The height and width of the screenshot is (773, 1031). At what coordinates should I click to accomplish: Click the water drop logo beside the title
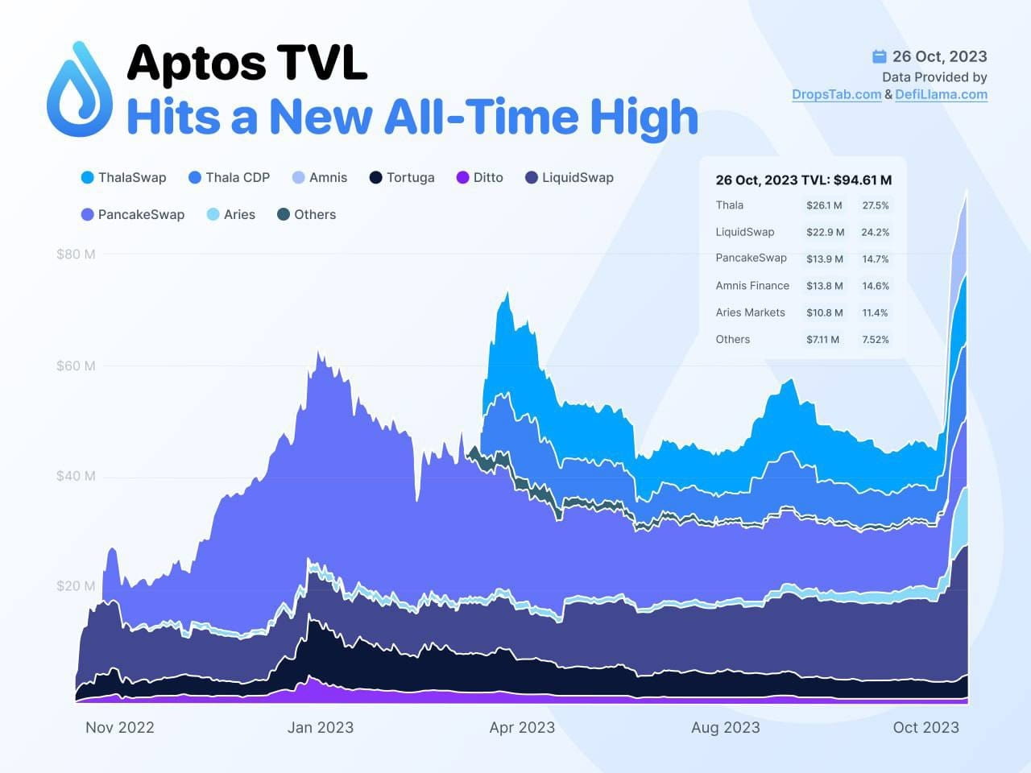(x=80, y=90)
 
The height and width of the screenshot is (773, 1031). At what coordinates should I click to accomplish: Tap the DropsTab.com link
(x=836, y=94)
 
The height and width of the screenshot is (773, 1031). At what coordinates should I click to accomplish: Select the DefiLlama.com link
(x=941, y=94)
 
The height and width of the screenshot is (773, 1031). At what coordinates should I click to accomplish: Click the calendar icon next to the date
(x=880, y=56)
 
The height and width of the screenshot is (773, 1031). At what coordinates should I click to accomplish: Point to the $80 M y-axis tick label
(x=76, y=254)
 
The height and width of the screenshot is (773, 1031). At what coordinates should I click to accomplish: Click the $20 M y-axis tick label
(x=76, y=586)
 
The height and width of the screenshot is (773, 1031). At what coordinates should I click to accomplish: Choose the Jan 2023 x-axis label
(x=320, y=727)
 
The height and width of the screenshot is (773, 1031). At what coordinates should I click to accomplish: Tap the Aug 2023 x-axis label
(x=725, y=727)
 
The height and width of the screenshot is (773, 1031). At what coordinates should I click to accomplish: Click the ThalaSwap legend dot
(x=87, y=178)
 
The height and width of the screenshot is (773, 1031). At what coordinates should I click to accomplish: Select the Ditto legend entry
(x=480, y=178)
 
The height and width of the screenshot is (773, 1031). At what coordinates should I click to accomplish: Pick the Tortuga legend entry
(x=402, y=178)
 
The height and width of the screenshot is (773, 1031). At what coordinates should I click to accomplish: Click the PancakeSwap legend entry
(x=133, y=215)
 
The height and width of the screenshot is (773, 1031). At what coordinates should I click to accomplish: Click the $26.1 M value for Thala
(x=824, y=205)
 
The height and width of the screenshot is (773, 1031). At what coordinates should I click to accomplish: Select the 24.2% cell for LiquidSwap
(x=876, y=232)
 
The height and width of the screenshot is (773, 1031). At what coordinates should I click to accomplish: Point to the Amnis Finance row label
(x=752, y=286)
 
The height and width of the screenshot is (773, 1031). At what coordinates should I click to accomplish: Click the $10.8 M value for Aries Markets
(x=825, y=312)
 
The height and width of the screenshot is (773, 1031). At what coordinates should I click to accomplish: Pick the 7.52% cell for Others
(x=876, y=340)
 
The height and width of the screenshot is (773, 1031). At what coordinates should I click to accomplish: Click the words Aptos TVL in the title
(x=247, y=63)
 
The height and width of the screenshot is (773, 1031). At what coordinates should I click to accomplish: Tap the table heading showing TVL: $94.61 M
(x=803, y=180)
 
